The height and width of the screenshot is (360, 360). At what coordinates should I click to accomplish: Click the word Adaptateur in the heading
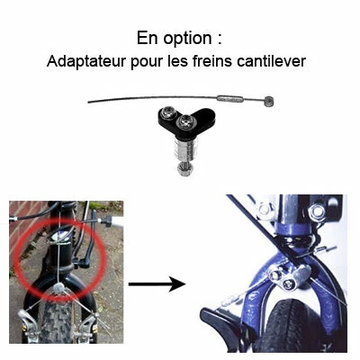point(86,62)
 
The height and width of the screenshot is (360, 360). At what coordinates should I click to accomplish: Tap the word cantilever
point(271,61)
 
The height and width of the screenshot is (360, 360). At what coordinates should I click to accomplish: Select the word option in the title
point(188,39)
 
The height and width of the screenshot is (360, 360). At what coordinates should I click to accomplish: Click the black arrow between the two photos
point(157,283)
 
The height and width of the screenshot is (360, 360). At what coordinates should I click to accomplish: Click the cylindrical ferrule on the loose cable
point(229,99)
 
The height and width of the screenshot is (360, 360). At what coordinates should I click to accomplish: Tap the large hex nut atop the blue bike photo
point(317,212)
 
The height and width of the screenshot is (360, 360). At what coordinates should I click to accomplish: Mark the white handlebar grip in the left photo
point(118,222)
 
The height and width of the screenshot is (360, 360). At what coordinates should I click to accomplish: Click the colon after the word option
point(220,40)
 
